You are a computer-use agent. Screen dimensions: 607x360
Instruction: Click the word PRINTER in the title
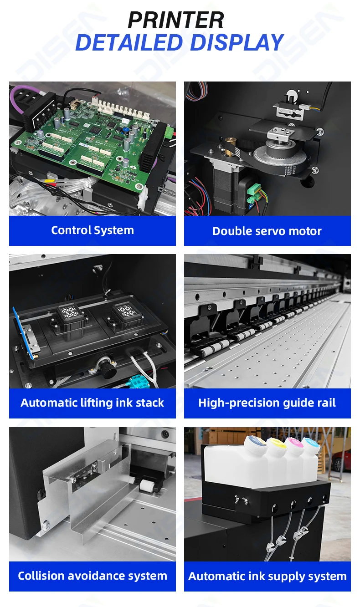pyautogui.click(x=176, y=20)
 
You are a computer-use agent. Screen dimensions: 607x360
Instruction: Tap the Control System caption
pyautogui.click(x=92, y=230)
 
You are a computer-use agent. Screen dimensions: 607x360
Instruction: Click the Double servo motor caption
pyautogui.click(x=267, y=231)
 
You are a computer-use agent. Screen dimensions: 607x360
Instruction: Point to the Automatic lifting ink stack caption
pyautogui.click(x=92, y=403)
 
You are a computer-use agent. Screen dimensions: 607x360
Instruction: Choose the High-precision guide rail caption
pyautogui.click(x=267, y=403)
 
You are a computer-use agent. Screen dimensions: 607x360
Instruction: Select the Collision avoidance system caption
pyautogui.click(x=92, y=576)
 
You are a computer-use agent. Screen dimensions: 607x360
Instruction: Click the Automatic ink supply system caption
pyautogui.click(x=267, y=576)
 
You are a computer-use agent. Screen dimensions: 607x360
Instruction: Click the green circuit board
pyautogui.click(x=91, y=137)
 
